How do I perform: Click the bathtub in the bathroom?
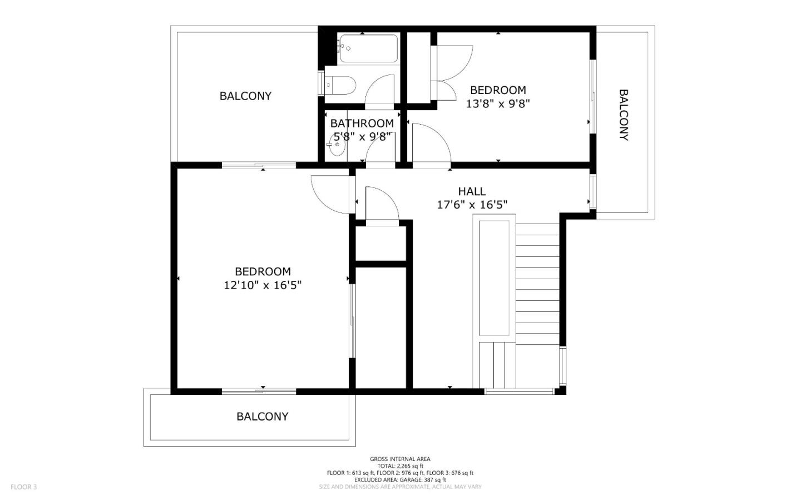coord(368,49)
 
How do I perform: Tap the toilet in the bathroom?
coord(341,85)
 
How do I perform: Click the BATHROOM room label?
coord(362,123)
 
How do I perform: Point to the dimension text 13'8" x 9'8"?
coord(498,103)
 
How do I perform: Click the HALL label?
coord(472,191)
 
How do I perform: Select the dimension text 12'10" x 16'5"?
coord(263,285)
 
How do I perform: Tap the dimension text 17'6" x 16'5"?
coord(472,205)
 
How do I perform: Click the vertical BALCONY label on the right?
coord(624,115)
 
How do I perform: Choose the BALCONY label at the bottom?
coord(262,417)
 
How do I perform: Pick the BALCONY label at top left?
coord(245,96)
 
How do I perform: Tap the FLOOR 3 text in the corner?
coord(23,487)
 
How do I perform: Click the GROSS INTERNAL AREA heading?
coord(400,459)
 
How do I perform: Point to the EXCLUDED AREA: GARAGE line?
coord(400,479)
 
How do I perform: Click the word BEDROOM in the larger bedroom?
coord(263,271)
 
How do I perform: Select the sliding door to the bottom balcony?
coord(259,392)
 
